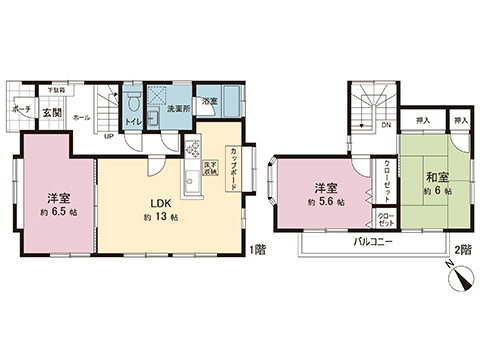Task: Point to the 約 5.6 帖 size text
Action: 324,202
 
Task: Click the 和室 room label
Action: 432,174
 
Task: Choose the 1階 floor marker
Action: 258,248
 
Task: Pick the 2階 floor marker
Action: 461,248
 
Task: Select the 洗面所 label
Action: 179,109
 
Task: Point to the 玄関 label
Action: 52,114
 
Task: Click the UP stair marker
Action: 108,136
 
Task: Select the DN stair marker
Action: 386,126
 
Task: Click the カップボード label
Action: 233,159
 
